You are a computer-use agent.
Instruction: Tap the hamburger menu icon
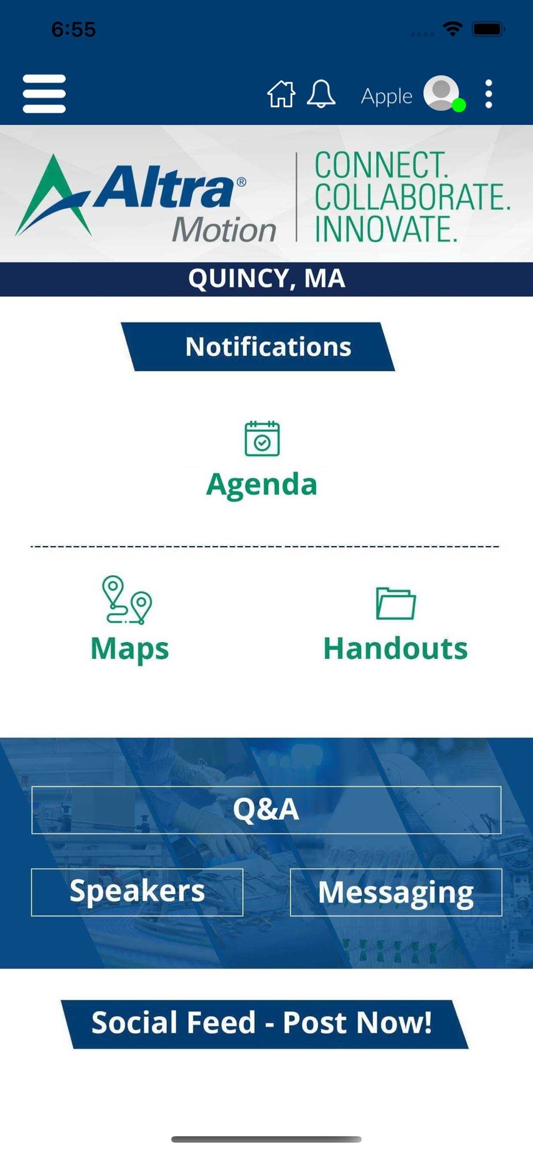click(44, 93)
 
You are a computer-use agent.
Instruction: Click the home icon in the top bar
click(281, 93)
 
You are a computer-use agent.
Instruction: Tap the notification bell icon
click(321, 93)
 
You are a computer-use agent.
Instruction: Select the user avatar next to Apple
click(442, 93)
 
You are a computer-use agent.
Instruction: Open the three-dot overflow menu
click(489, 94)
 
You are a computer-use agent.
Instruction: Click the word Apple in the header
click(386, 96)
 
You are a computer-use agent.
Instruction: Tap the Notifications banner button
click(258, 346)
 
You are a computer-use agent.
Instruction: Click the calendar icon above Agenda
click(262, 439)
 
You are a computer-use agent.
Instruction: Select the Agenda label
click(262, 484)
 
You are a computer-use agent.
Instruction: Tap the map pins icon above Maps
click(127, 600)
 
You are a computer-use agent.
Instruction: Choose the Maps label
click(130, 649)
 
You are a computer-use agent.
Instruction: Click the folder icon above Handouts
click(396, 604)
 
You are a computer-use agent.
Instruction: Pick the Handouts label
click(396, 649)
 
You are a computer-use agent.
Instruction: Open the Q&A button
click(266, 810)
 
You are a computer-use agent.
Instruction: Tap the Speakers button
click(137, 892)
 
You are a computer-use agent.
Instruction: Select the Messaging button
click(396, 892)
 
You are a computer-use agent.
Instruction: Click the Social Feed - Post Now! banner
click(265, 1024)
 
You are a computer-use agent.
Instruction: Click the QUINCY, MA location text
click(266, 279)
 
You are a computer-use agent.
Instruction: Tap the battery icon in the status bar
click(489, 29)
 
